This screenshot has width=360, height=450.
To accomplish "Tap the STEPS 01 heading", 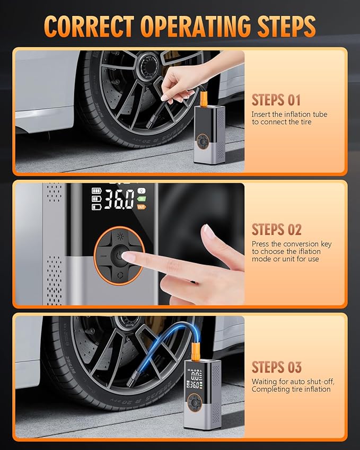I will coord(276,100).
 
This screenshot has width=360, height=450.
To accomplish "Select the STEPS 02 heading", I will coord(276,230).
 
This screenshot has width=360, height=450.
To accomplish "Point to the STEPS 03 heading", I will coord(276,367).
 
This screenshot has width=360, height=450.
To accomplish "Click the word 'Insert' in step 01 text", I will coord(261,114).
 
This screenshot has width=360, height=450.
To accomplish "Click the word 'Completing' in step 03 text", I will coord(270,389).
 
